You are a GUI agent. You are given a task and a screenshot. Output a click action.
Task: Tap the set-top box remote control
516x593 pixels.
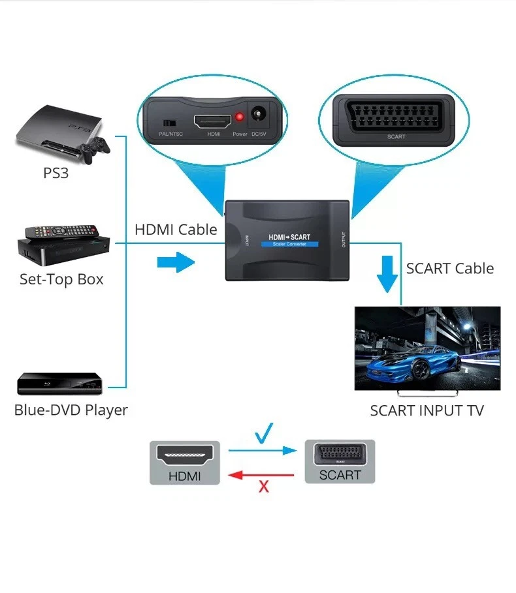pyautogui.click(x=62, y=232)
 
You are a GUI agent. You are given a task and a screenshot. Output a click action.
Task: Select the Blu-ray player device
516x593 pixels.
pyautogui.click(x=59, y=384)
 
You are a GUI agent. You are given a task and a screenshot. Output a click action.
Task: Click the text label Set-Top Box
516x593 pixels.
pyautogui.click(x=61, y=279)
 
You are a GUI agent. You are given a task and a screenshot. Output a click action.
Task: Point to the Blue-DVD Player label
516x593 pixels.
pyautogui.click(x=71, y=410)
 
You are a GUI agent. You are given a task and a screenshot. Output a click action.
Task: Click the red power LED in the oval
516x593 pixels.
pyautogui.click(x=240, y=117)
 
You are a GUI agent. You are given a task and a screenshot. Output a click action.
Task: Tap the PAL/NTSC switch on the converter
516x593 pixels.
pyautogui.click(x=170, y=123)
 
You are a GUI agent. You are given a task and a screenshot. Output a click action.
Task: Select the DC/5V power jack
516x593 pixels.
pyautogui.click(x=261, y=117)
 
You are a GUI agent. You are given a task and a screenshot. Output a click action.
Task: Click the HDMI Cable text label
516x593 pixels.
pyautogui.click(x=176, y=230)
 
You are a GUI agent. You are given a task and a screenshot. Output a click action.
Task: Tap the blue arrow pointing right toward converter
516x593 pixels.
pyautogui.click(x=176, y=263)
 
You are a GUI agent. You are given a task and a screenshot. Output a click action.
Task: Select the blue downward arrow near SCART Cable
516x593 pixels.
pyautogui.click(x=388, y=275)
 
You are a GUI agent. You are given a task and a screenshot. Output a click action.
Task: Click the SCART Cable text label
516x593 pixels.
pyautogui.click(x=449, y=268)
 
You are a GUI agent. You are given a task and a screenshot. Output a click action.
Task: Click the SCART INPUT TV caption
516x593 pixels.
pyautogui.click(x=427, y=410)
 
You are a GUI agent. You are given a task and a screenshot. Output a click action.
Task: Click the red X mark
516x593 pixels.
pyautogui.click(x=264, y=486)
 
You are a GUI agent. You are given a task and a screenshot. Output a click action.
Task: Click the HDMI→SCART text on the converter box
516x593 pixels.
pyautogui.click(x=290, y=237)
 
